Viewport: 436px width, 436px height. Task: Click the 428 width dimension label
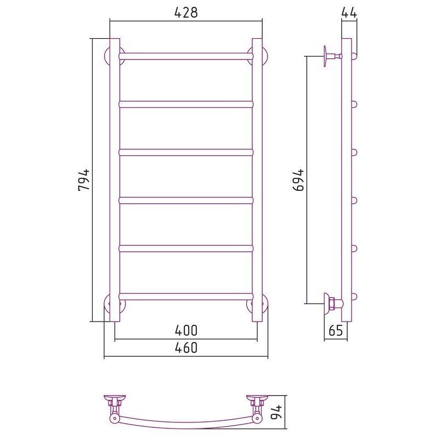point(186,12)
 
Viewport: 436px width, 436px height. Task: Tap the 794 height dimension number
point(84,180)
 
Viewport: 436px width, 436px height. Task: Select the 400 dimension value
point(186,330)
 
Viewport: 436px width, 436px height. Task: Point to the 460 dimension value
point(186,348)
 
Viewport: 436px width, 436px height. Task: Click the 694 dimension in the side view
point(298,180)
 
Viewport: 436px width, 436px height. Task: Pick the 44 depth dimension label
point(349,12)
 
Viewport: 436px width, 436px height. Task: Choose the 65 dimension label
point(336,330)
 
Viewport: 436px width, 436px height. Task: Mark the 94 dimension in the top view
point(276,412)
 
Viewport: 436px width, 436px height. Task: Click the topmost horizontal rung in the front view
point(186,56)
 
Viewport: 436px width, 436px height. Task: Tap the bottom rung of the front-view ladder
point(186,296)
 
